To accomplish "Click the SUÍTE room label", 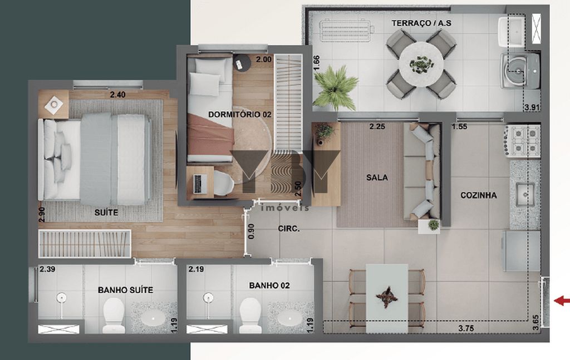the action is tap(106, 212).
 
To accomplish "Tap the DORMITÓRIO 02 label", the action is tap(239, 115).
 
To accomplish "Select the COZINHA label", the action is tap(478, 195).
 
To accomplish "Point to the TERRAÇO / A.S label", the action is tap(421, 23).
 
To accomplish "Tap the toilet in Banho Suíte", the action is tap(114, 315).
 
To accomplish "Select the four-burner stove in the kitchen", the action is tap(522, 141).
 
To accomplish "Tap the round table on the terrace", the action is tap(421, 64).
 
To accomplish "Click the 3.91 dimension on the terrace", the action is tap(531, 107).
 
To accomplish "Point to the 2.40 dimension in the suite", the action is tap(118, 95).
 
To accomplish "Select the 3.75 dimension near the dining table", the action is tap(466, 328).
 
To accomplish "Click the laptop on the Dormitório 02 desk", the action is tap(199, 184).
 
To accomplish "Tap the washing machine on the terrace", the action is tap(520, 71).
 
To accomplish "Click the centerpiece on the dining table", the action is tap(387, 297).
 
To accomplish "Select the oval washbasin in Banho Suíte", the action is tap(154, 319).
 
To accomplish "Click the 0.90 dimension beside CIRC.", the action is tap(251, 231).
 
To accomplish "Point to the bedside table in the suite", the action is tap(53, 105).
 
